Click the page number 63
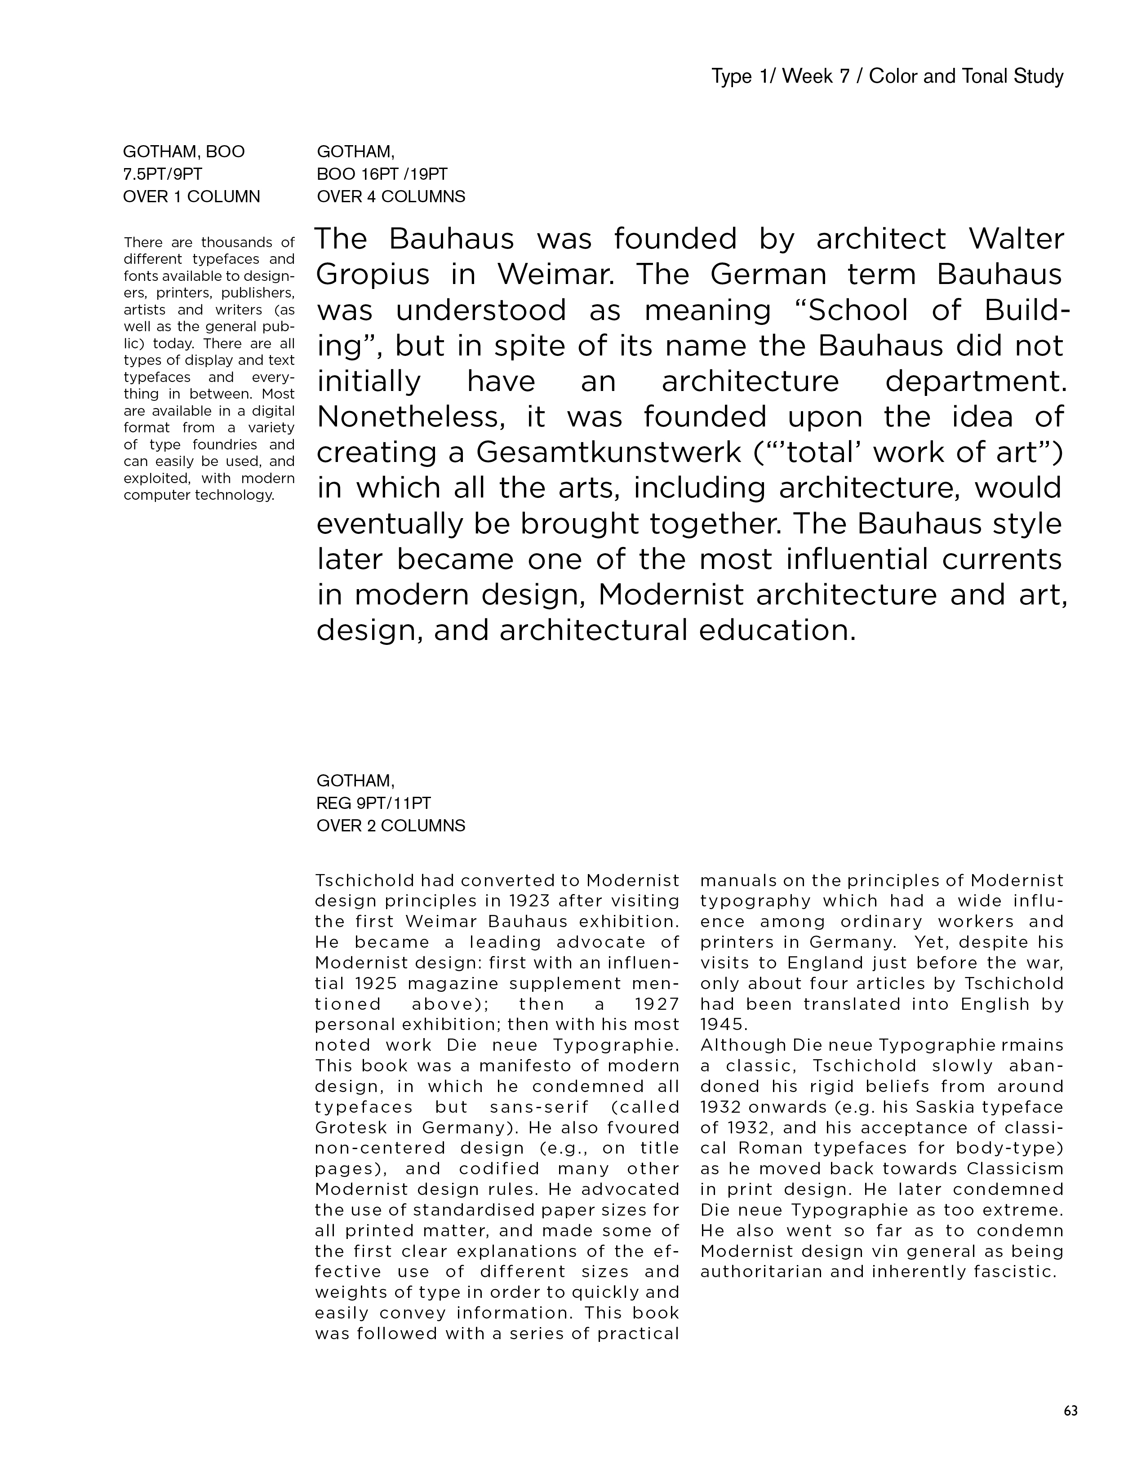(1070, 1410)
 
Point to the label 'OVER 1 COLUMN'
(191, 197)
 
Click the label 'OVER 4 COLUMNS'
(391, 197)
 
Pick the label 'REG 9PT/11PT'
(374, 804)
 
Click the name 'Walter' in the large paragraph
(1016, 239)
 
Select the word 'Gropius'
(373, 275)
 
